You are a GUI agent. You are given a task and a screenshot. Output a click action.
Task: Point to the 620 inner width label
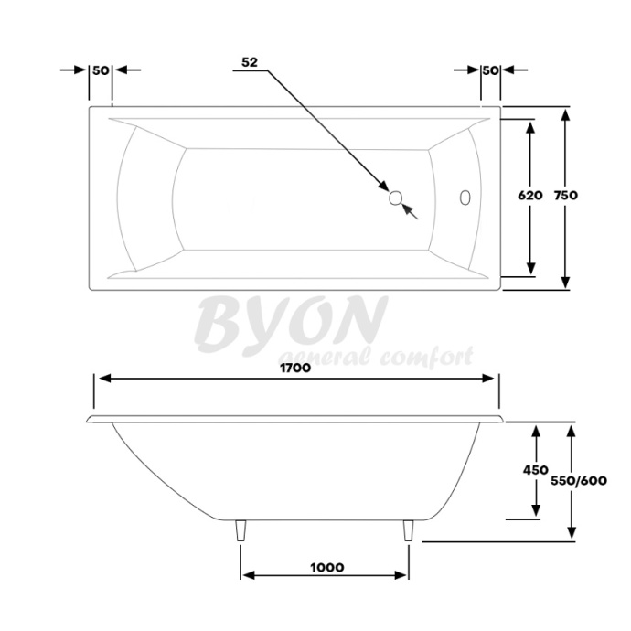tap(529, 195)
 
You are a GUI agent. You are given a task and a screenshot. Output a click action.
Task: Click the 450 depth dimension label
tap(535, 470)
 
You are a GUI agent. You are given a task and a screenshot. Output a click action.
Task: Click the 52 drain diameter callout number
tap(250, 62)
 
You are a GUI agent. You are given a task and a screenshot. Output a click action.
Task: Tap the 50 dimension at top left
tap(101, 70)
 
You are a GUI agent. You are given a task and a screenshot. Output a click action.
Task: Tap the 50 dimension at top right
tap(490, 70)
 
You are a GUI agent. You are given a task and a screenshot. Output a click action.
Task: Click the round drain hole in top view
tap(396, 198)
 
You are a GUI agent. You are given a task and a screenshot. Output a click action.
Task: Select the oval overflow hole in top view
tap(464, 198)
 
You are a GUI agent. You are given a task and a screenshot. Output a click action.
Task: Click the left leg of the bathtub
tap(241, 532)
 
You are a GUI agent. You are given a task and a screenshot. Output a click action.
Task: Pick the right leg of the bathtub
tap(409, 532)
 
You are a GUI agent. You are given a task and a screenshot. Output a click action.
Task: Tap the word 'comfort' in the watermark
tap(429, 356)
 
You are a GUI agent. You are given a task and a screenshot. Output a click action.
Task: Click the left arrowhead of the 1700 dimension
tap(103, 379)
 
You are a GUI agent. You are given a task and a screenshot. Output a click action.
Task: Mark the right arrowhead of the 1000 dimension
tap(402, 576)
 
